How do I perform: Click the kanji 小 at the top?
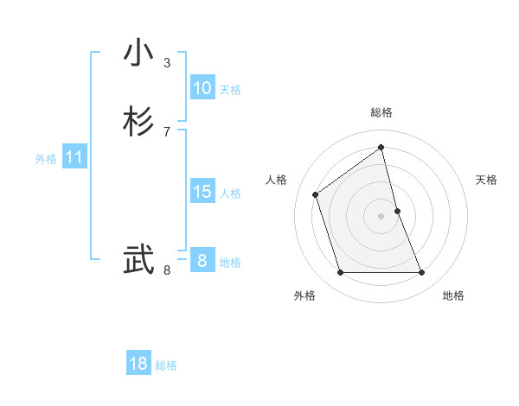139,54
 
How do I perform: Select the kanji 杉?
139,122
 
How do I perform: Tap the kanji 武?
139,260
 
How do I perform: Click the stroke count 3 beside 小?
167,63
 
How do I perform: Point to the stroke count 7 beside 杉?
167,131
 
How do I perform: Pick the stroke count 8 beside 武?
167,270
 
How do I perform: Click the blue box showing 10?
202,88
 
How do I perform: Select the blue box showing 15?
202,192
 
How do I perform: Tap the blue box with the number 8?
202,260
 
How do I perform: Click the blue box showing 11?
74,157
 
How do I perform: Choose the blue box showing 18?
138,364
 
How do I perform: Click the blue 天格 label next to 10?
230,90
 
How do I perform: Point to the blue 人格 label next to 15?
230,193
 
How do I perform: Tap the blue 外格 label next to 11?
46,159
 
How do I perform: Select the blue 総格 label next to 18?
166,365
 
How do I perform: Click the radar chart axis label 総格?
381,112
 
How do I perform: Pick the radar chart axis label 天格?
487,180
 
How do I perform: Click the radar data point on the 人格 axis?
316,194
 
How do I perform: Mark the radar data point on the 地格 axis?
422,273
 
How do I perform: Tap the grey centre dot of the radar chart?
381,216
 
